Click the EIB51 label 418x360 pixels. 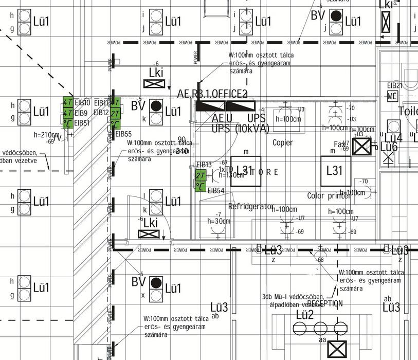(82, 123)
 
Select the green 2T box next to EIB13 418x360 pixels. (201, 175)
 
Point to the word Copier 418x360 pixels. (283, 142)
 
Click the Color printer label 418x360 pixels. (329, 195)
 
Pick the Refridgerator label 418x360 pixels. (251, 206)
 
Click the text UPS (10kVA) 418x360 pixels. (240, 129)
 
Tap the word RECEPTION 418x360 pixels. (325, 303)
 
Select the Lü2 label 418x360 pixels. (304, 314)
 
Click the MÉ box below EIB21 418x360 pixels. (392, 96)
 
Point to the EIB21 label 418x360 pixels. (395, 85)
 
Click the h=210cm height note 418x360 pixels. (46, 135)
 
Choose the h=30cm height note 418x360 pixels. (219, 221)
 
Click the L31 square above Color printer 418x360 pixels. (336, 171)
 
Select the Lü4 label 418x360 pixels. (393, 138)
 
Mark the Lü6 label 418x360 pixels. (389, 148)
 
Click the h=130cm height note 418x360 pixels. (231, 175)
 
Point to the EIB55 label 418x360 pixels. (123, 134)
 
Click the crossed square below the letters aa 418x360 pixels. (338, 349)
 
